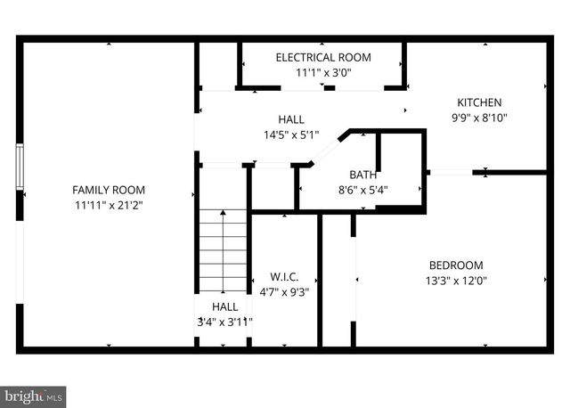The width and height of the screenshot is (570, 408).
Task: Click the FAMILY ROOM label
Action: coord(108,190)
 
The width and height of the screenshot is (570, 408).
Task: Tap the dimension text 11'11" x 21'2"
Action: coord(108,205)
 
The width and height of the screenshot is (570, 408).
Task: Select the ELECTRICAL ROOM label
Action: coord(323,57)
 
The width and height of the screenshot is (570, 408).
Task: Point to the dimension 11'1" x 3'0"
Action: coord(323,72)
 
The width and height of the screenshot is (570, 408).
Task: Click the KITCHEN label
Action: coord(480,102)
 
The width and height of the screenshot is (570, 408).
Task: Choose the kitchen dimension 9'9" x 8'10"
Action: coord(480,118)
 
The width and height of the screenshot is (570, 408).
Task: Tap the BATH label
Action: coord(362,175)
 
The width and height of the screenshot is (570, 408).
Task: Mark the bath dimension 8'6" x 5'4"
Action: coord(362,189)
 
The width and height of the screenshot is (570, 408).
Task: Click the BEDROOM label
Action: coord(456,265)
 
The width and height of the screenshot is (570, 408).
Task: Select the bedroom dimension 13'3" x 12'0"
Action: coord(456,280)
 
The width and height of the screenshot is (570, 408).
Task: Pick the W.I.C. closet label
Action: coord(284,276)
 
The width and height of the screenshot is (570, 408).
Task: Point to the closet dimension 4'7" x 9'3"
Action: coord(284,291)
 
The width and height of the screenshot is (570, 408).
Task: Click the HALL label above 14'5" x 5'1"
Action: coord(289,119)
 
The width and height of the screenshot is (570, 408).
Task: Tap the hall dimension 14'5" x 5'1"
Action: coord(289,135)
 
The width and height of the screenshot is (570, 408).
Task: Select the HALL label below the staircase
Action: coord(224,306)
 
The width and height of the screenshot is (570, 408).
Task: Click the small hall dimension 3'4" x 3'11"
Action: coord(224,322)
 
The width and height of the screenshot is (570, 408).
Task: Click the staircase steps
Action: coord(222,250)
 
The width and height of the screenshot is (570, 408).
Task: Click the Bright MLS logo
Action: coord(33,393)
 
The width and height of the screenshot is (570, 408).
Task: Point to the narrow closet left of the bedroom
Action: coord(338,285)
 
